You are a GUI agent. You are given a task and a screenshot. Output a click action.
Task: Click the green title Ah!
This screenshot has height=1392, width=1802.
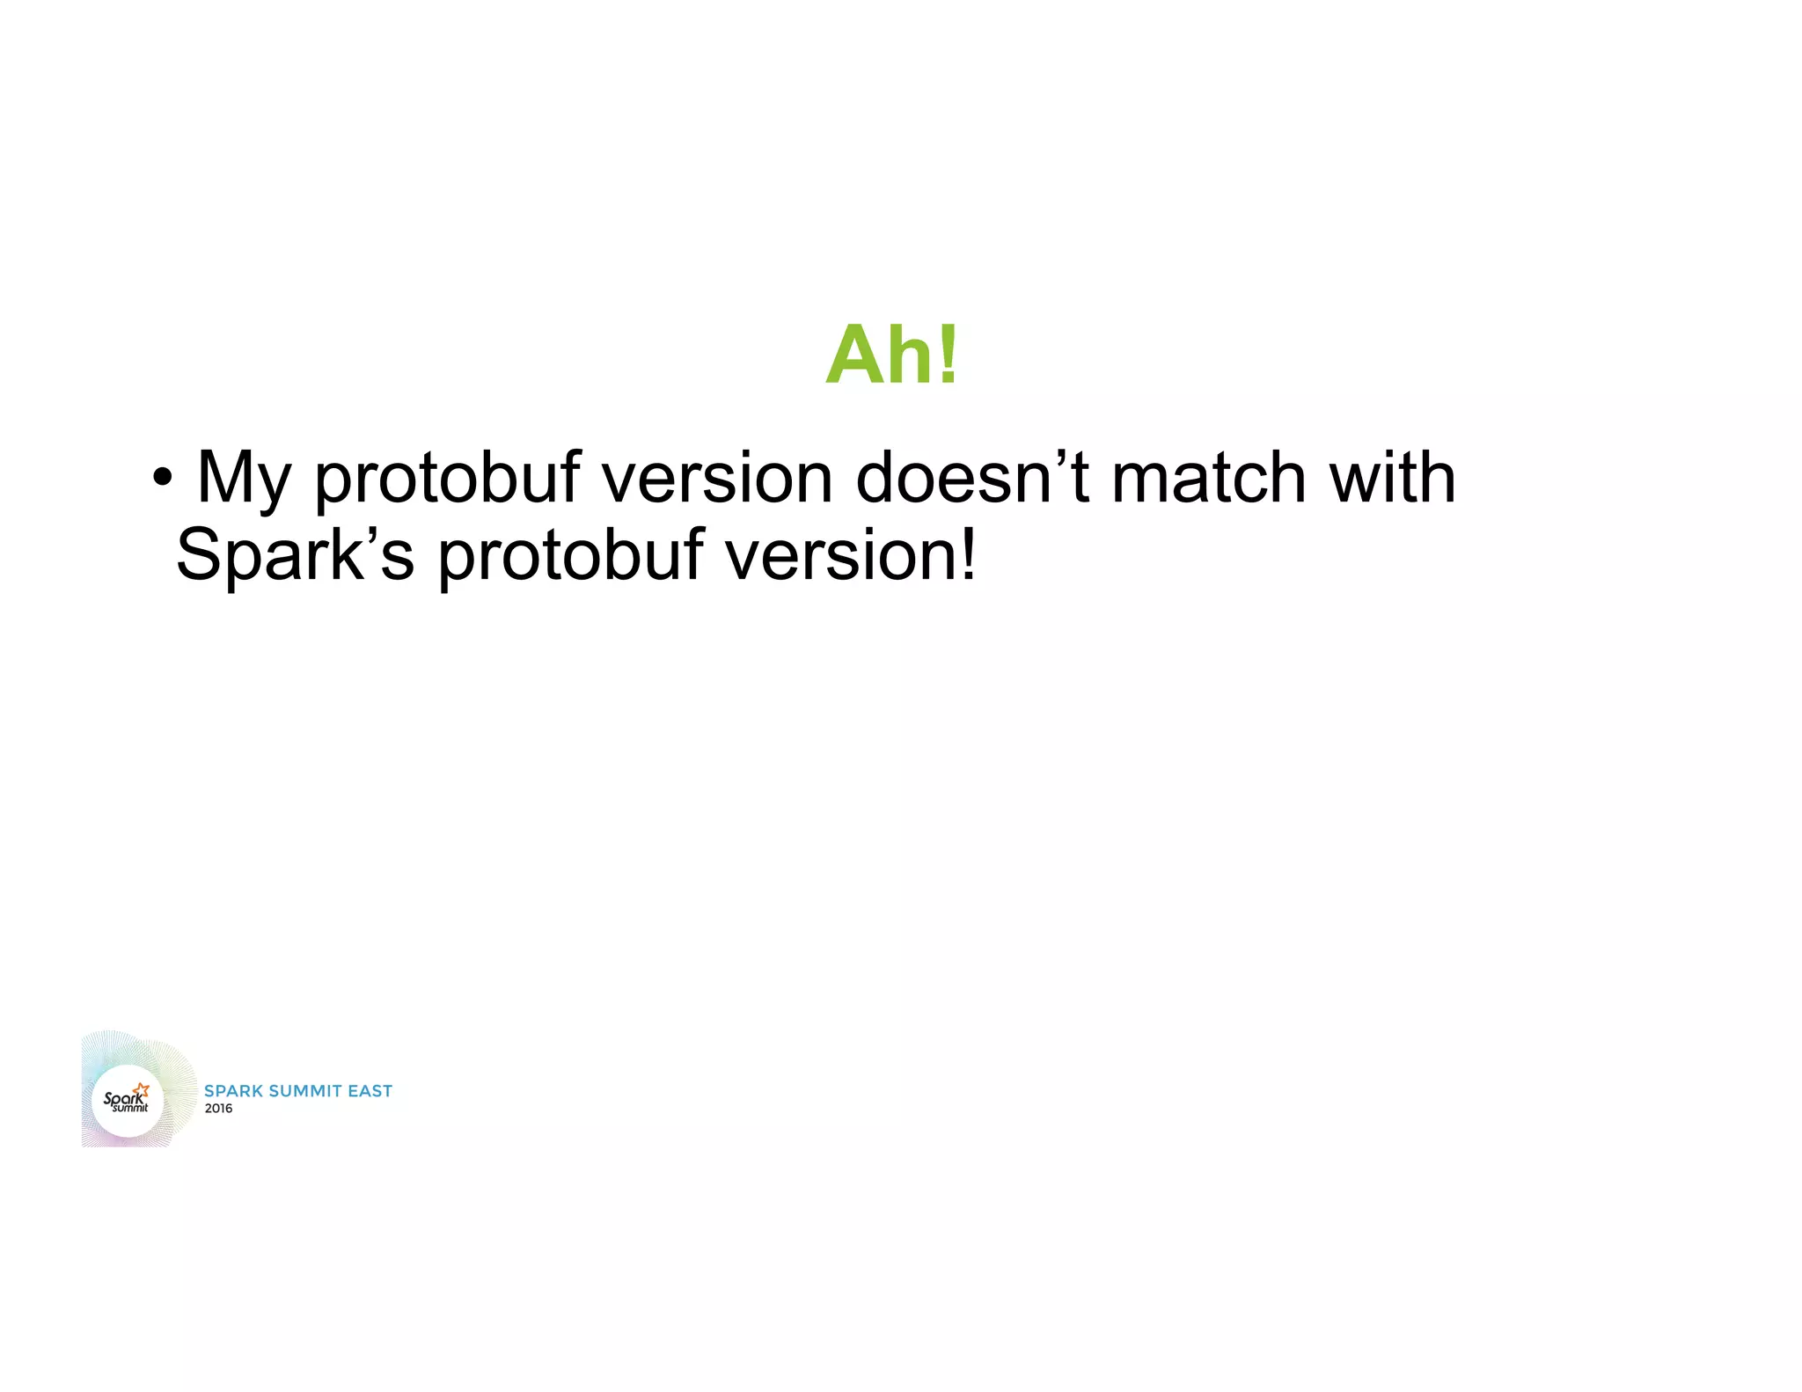point(891,355)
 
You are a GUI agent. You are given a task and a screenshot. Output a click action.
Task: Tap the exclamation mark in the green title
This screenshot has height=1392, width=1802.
point(948,355)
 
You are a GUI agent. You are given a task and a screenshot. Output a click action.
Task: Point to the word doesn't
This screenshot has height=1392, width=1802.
point(972,478)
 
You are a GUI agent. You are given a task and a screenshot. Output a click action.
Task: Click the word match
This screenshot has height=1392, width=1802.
point(1209,478)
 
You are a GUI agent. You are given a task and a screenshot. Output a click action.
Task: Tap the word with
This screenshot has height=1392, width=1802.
point(1392,478)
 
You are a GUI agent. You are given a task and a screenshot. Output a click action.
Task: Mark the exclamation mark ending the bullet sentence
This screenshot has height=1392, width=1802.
point(968,554)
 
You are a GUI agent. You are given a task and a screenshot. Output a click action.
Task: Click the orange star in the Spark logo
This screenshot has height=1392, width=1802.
point(143,1090)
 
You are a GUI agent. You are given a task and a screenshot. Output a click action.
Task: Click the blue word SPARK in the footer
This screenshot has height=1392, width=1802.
point(233,1091)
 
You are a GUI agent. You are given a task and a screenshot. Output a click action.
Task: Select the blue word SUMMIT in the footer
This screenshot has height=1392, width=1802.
point(304,1091)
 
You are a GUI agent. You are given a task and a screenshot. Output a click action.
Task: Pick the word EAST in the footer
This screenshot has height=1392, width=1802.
point(370,1091)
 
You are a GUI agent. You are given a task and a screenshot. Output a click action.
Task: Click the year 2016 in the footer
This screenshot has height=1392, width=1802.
point(218,1109)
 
